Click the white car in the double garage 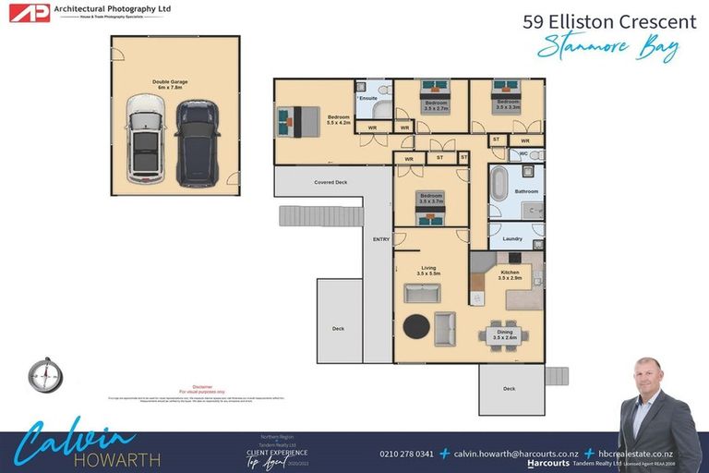click(x=145, y=141)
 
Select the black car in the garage click(x=198, y=141)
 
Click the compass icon click(x=44, y=374)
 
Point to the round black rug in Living click(x=417, y=327)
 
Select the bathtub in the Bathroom click(x=499, y=184)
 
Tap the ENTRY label click(x=380, y=239)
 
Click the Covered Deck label click(x=330, y=182)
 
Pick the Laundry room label click(x=511, y=238)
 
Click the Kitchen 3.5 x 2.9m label click(x=510, y=274)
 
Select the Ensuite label click(x=368, y=98)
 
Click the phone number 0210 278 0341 click(x=407, y=454)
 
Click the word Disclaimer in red click(x=202, y=386)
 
